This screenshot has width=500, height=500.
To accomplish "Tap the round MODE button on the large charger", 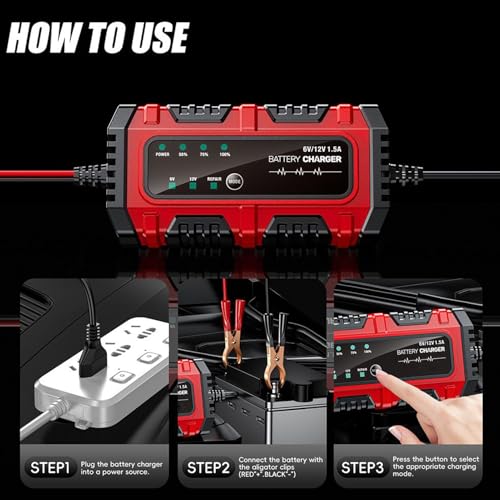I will point(233,181).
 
